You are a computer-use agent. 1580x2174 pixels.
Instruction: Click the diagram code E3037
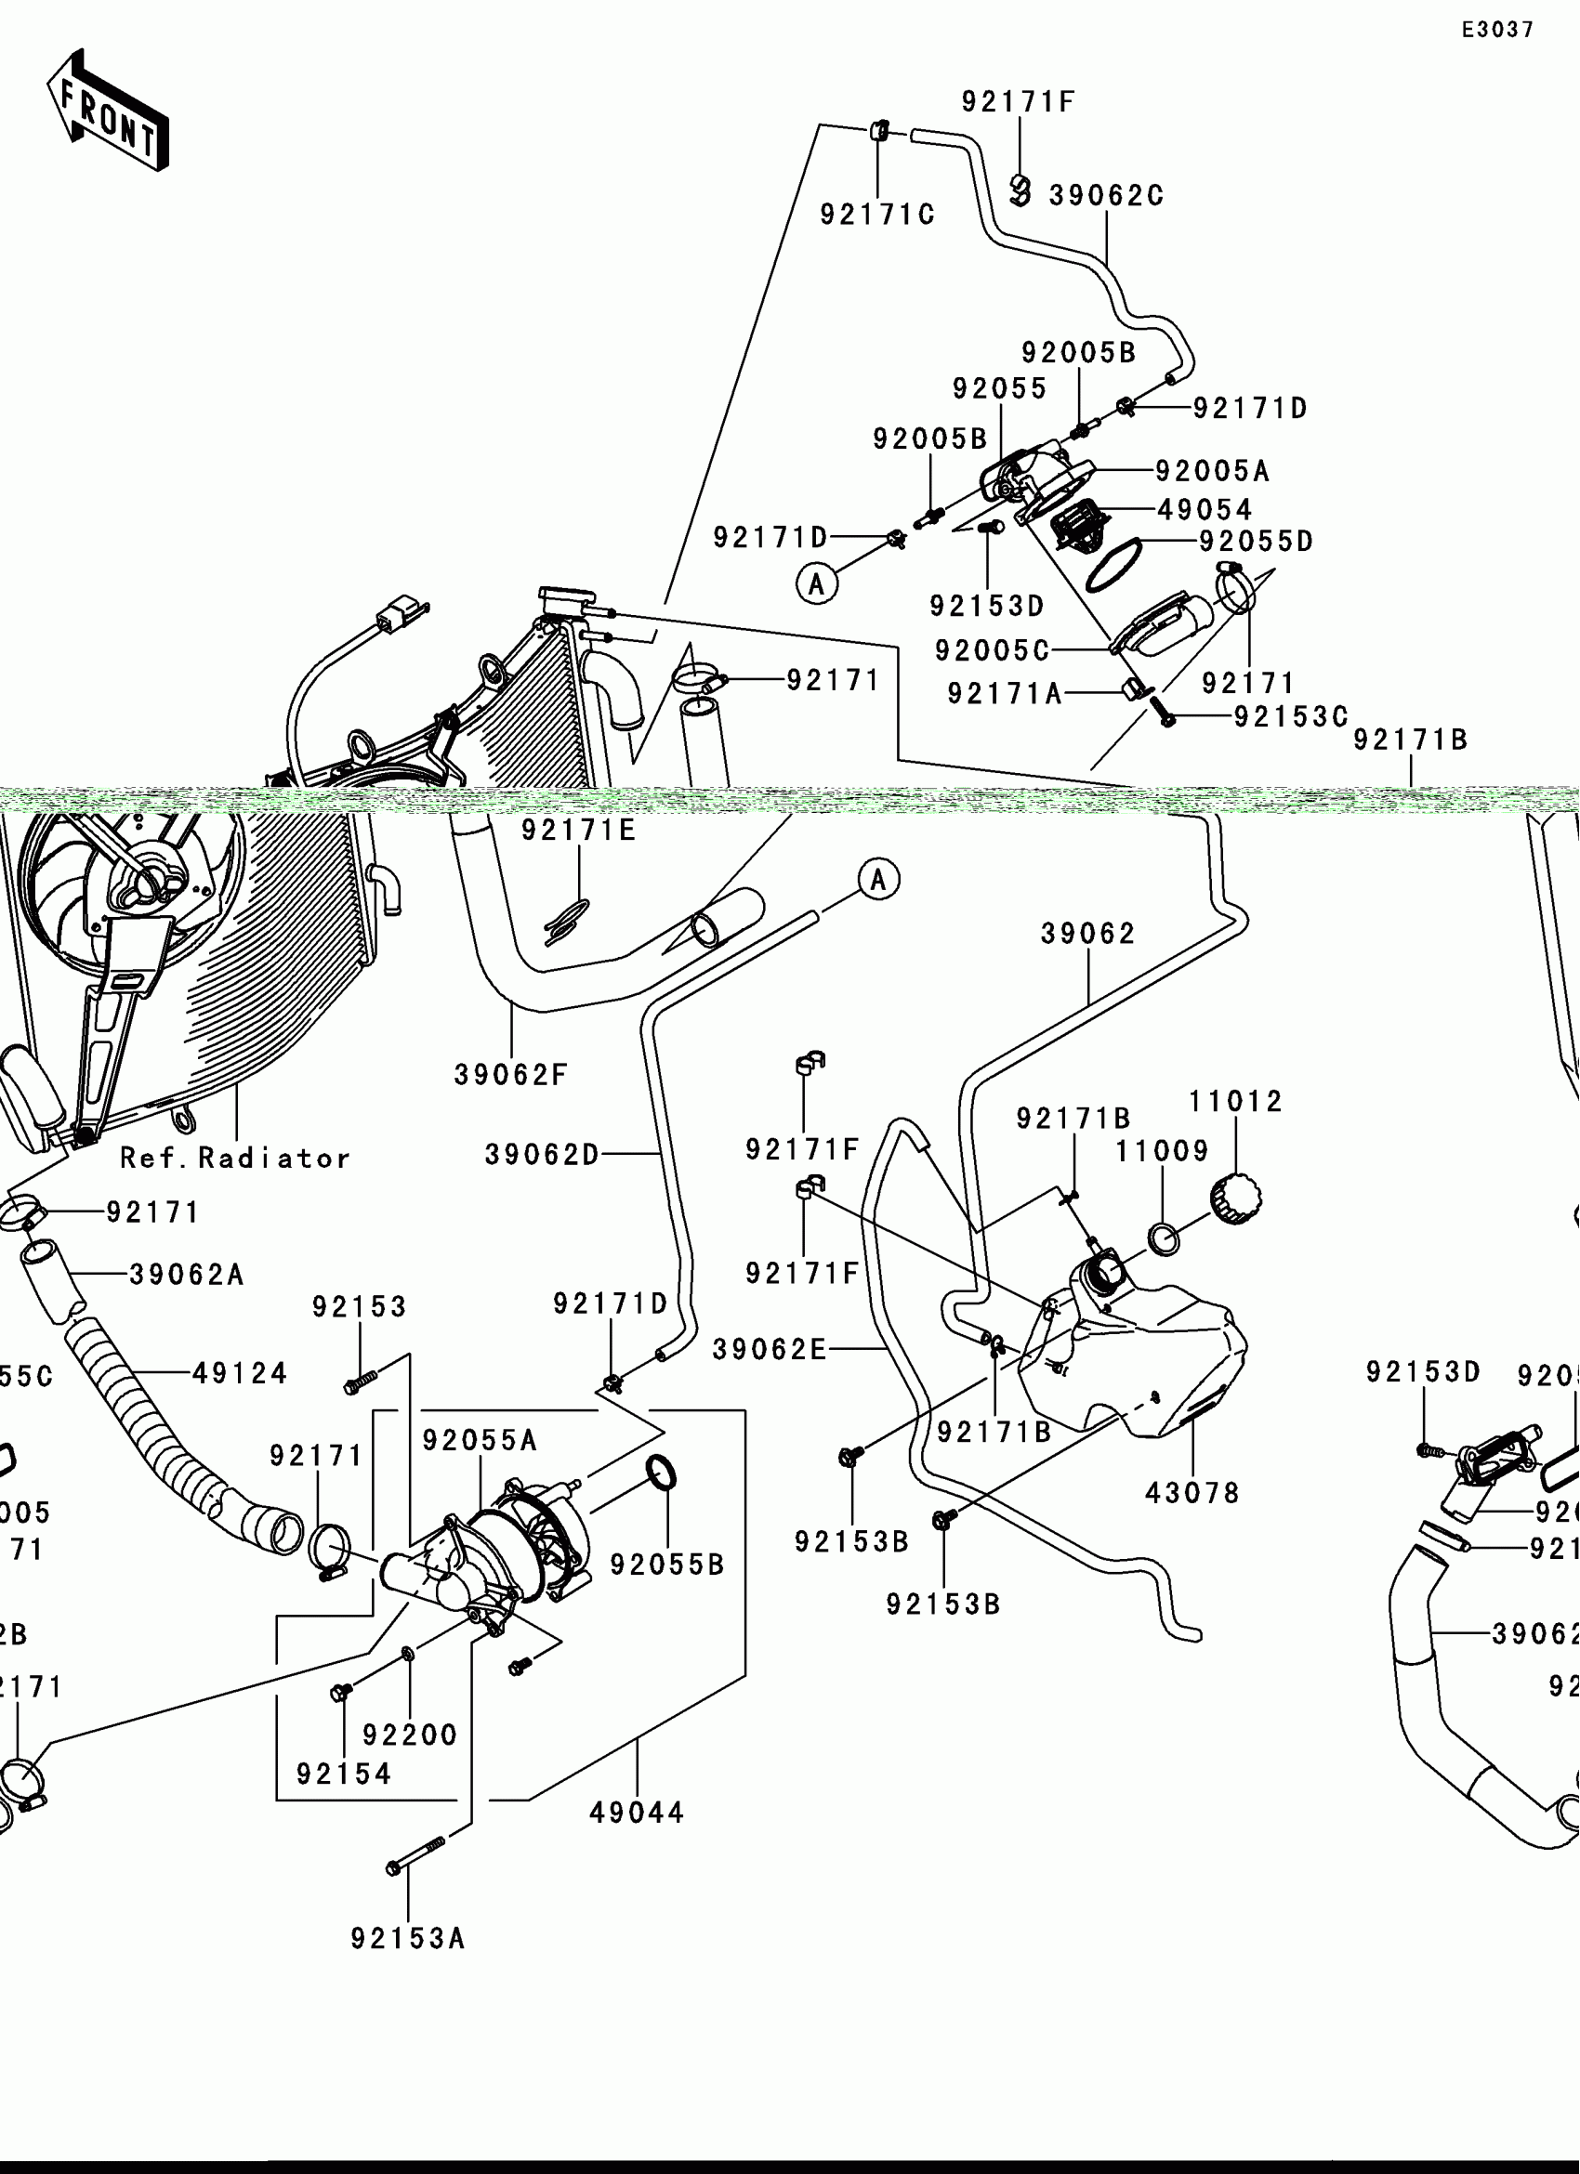point(1497,30)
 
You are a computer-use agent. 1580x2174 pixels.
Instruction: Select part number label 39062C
point(1106,195)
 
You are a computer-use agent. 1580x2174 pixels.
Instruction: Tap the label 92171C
point(877,215)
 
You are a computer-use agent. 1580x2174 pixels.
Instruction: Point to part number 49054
point(1205,509)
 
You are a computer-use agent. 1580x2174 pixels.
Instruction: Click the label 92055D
point(1257,542)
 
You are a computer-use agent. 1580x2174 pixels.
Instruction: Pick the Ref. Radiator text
point(236,1158)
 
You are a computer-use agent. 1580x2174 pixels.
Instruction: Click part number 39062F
point(511,1076)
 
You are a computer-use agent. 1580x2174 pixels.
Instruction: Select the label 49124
point(240,1373)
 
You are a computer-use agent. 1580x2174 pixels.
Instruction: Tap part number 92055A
point(481,1440)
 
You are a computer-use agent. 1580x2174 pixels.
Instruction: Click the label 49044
point(638,1813)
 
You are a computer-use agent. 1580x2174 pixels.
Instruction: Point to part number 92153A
point(407,1938)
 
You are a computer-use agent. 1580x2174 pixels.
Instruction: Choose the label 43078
point(1192,1492)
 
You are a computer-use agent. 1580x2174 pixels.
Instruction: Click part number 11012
point(1236,1101)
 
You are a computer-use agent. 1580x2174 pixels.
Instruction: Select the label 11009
point(1162,1151)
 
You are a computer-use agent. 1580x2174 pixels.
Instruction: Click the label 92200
point(411,1734)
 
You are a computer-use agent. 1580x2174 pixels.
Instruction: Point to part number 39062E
point(769,1350)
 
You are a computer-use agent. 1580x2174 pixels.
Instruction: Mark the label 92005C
point(993,651)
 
